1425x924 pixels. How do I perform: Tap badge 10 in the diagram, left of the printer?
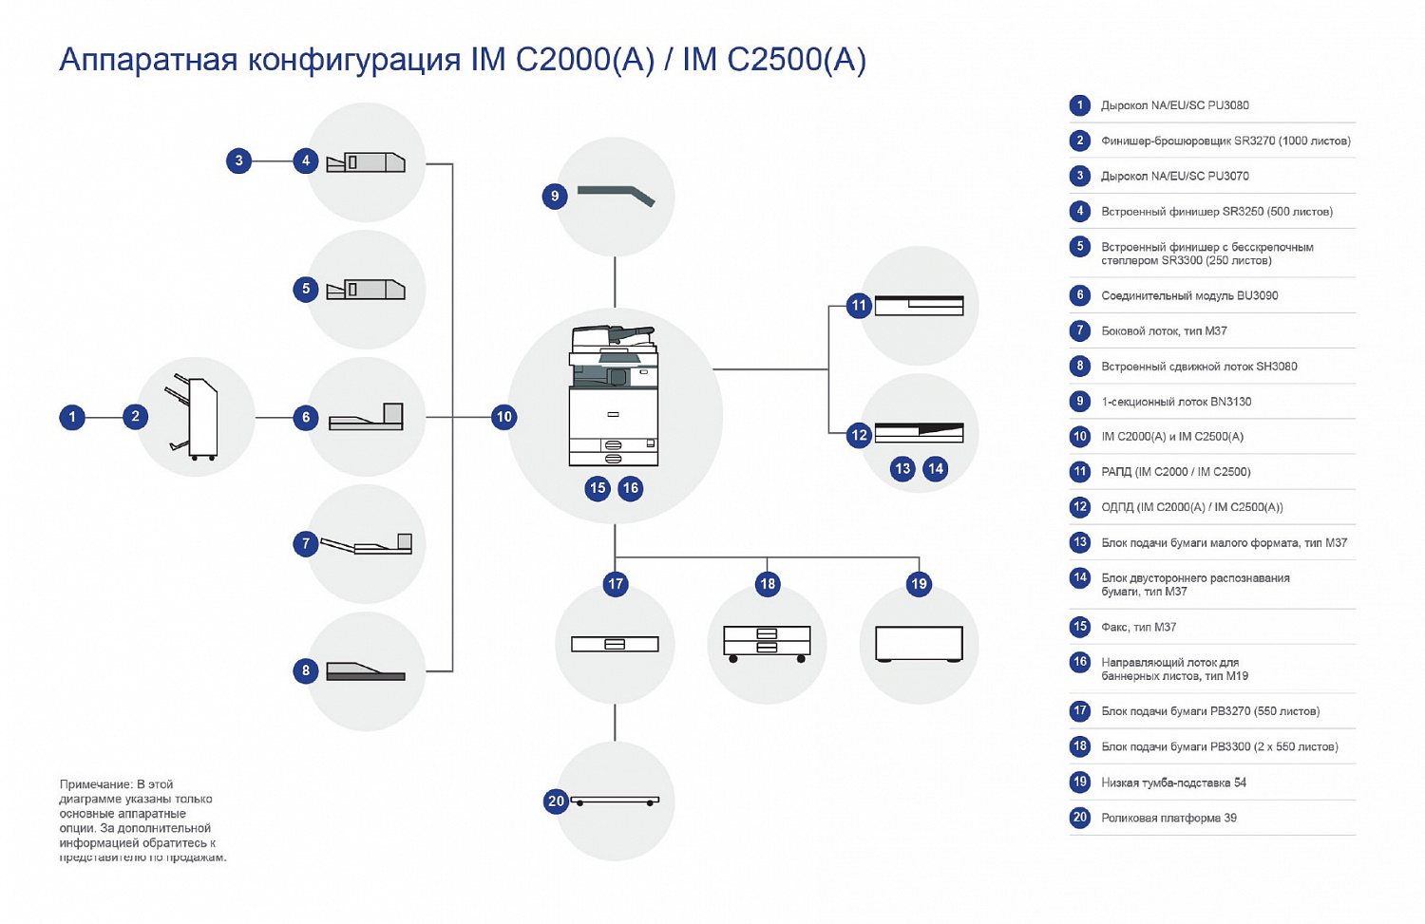click(x=503, y=416)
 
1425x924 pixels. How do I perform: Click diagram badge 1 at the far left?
click(x=72, y=416)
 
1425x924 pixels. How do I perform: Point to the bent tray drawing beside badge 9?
click(x=617, y=195)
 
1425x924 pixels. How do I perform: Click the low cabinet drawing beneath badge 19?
click(x=919, y=643)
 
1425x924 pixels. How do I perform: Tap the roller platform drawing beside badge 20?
click(x=616, y=801)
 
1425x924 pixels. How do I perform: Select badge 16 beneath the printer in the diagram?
click(x=630, y=488)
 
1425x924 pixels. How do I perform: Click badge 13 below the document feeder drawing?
click(x=902, y=468)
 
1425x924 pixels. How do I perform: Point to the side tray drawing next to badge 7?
click(x=367, y=544)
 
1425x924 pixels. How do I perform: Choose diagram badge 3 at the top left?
click(x=239, y=160)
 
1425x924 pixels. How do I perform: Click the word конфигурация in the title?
click(x=354, y=60)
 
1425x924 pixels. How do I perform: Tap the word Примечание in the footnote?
click(x=95, y=784)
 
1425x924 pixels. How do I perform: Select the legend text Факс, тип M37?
click(x=1138, y=627)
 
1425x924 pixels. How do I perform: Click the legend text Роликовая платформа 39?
click(x=1168, y=818)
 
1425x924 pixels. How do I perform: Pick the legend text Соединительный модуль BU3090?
click(x=1189, y=295)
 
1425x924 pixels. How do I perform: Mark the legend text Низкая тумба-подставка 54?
click(x=1173, y=783)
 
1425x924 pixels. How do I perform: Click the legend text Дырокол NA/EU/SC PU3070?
click(x=1174, y=176)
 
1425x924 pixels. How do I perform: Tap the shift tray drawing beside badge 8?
click(x=366, y=670)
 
